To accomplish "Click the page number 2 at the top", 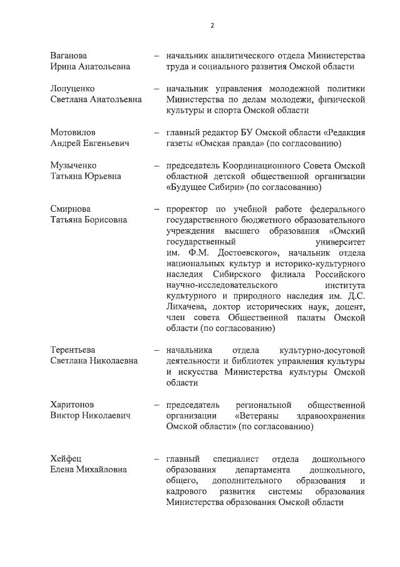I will [212, 26].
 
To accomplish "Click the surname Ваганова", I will [69, 55].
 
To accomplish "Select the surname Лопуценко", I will [73, 88].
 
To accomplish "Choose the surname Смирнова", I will [71, 209].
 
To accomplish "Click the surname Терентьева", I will [77, 349].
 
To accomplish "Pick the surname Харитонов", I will [74, 404].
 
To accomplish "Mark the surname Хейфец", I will [67, 459].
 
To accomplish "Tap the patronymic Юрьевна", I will [103, 176].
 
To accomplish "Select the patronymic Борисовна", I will [105, 219].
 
